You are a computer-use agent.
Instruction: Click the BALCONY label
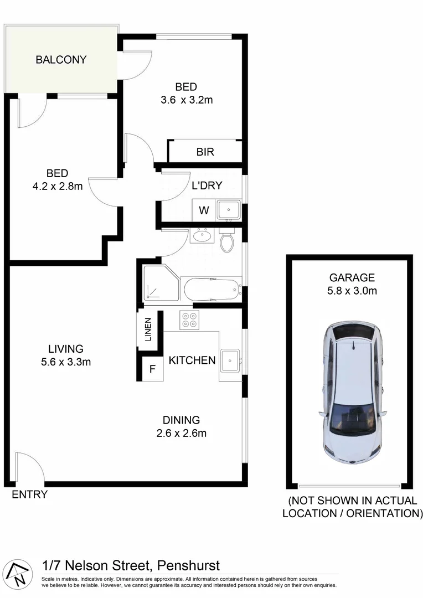(61, 60)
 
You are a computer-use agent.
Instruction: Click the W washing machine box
(204, 210)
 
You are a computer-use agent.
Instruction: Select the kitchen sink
(230, 360)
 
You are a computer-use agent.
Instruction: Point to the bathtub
(212, 289)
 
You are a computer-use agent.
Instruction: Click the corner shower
(161, 283)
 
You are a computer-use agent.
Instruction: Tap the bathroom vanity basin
(202, 236)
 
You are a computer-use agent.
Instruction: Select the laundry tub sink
(228, 210)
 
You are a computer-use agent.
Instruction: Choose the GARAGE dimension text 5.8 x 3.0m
(352, 290)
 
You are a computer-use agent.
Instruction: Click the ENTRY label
(30, 494)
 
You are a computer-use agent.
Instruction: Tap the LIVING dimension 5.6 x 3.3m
(65, 362)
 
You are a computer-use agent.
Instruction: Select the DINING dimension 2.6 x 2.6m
(181, 433)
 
